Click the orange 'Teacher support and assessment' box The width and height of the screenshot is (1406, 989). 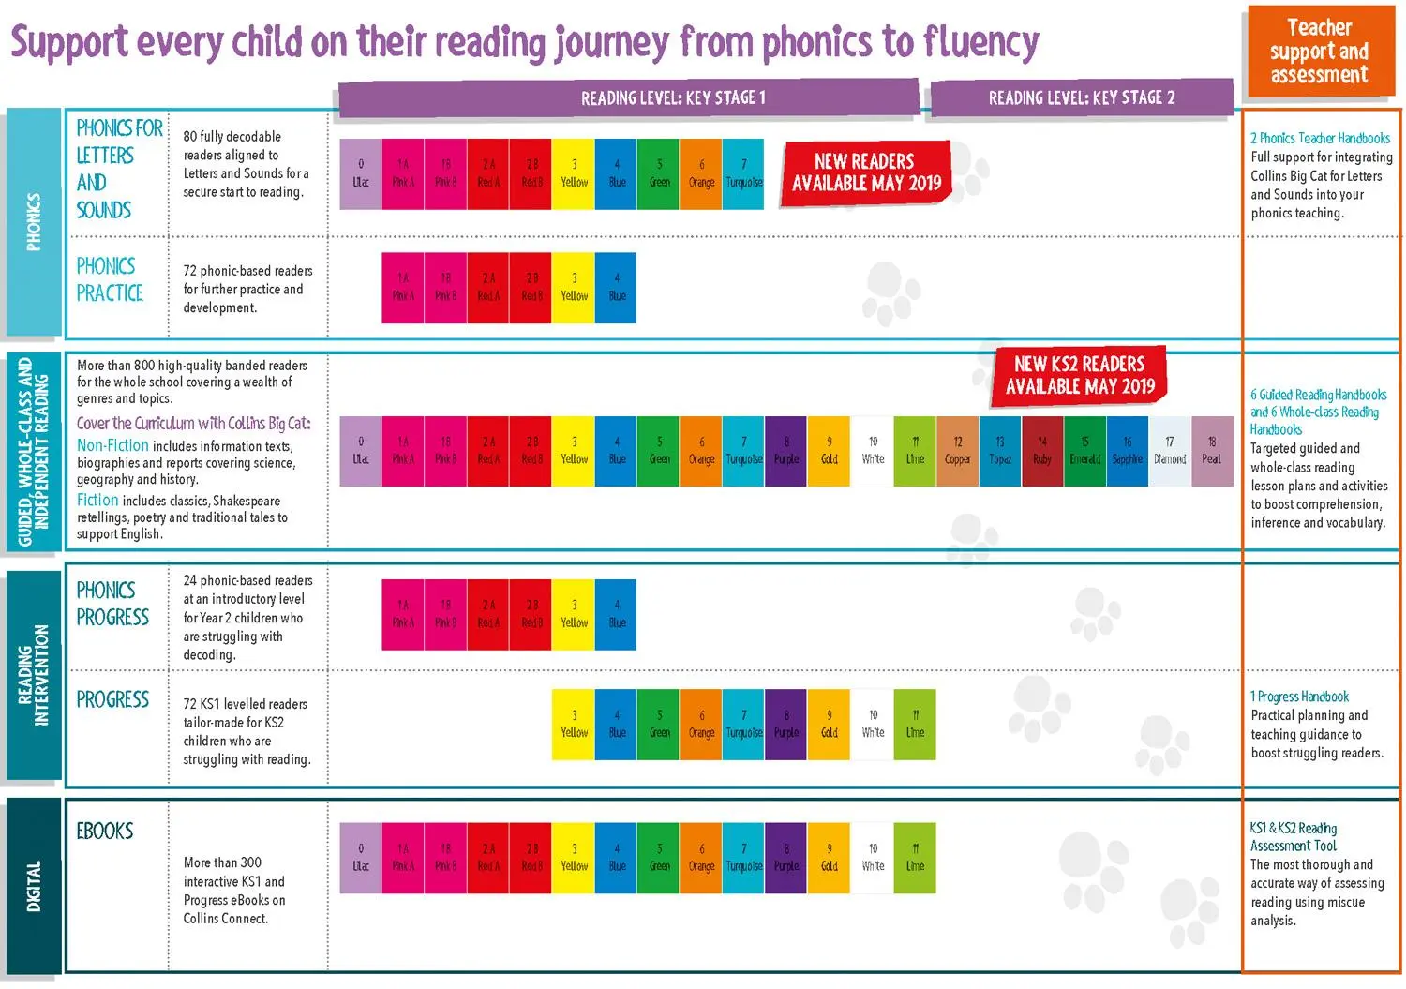tap(1319, 52)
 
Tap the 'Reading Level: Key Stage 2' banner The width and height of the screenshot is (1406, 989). tap(1081, 98)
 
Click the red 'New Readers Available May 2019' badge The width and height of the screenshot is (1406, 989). tap(866, 172)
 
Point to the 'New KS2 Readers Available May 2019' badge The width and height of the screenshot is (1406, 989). tap(1080, 375)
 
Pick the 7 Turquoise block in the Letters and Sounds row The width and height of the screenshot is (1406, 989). tap(743, 173)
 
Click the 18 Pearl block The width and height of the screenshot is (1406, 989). tap(1211, 451)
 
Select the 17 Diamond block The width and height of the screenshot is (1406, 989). tap(1169, 451)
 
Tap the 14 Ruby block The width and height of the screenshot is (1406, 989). tap(1042, 451)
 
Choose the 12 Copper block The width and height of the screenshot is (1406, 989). tap(957, 451)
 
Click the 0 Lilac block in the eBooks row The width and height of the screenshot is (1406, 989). tap(361, 858)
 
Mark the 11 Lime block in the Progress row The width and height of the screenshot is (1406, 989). tap(915, 724)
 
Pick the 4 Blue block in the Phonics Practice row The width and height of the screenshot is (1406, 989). tap(616, 288)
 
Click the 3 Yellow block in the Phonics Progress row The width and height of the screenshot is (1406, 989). tap(574, 614)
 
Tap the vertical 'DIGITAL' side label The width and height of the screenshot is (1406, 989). tap(34, 886)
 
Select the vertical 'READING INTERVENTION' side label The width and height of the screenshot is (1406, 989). tap(34, 675)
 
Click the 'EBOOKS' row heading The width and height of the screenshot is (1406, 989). tap(105, 832)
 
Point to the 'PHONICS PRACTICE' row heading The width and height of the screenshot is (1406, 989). tap(110, 279)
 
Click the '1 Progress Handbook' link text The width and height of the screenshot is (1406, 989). tap(1299, 697)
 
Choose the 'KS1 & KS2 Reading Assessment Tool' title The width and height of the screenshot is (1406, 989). tap(1294, 837)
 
